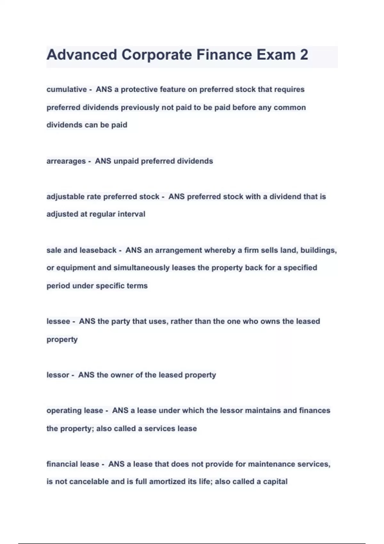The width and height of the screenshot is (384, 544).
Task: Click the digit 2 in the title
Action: [304, 55]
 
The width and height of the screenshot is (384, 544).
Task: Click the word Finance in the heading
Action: [223, 55]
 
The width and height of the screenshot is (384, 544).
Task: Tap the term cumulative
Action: [67, 90]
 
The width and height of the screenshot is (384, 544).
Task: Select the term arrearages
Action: [66, 161]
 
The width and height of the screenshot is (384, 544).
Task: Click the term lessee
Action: [58, 321]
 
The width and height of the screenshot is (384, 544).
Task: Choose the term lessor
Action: [58, 375]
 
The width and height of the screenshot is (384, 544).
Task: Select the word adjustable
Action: [65, 196]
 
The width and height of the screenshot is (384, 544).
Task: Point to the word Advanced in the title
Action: [82, 55]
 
